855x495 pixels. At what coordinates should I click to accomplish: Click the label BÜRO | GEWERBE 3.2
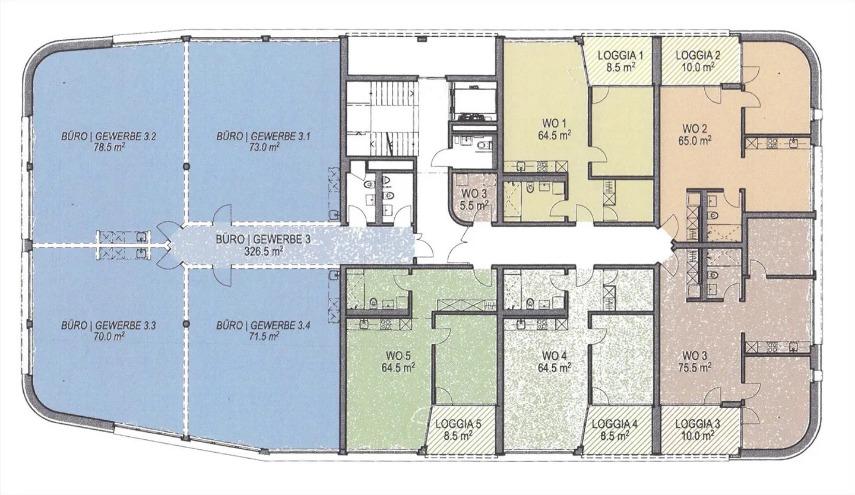pyautogui.click(x=109, y=137)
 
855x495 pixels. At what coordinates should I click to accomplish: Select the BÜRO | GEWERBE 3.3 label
pyautogui.click(x=109, y=325)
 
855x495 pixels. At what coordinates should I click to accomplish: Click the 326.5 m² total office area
pyautogui.click(x=264, y=251)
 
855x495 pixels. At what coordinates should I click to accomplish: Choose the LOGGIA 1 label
pyautogui.click(x=620, y=56)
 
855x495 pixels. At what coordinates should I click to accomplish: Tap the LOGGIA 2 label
pyautogui.click(x=698, y=55)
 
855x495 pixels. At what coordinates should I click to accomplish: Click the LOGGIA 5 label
pyautogui.click(x=458, y=424)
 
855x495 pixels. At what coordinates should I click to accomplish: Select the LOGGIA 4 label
pyautogui.click(x=615, y=424)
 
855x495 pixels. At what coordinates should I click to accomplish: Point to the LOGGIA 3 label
pyautogui.click(x=697, y=424)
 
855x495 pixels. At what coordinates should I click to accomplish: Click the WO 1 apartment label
pyautogui.click(x=554, y=123)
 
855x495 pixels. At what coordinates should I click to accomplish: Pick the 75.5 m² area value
pyautogui.click(x=695, y=367)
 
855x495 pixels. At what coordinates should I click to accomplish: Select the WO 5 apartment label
pyautogui.click(x=398, y=356)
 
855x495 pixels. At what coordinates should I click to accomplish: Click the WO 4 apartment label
pyautogui.click(x=554, y=356)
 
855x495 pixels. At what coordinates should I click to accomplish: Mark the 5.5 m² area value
pyautogui.click(x=474, y=206)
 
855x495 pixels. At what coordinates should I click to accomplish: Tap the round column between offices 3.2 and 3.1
pyautogui.click(x=186, y=166)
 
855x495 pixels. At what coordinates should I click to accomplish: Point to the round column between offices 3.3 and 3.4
pyautogui.click(x=186, y=324)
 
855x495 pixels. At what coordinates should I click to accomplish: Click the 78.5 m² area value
pyautogui.click(x=110, y=147)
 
